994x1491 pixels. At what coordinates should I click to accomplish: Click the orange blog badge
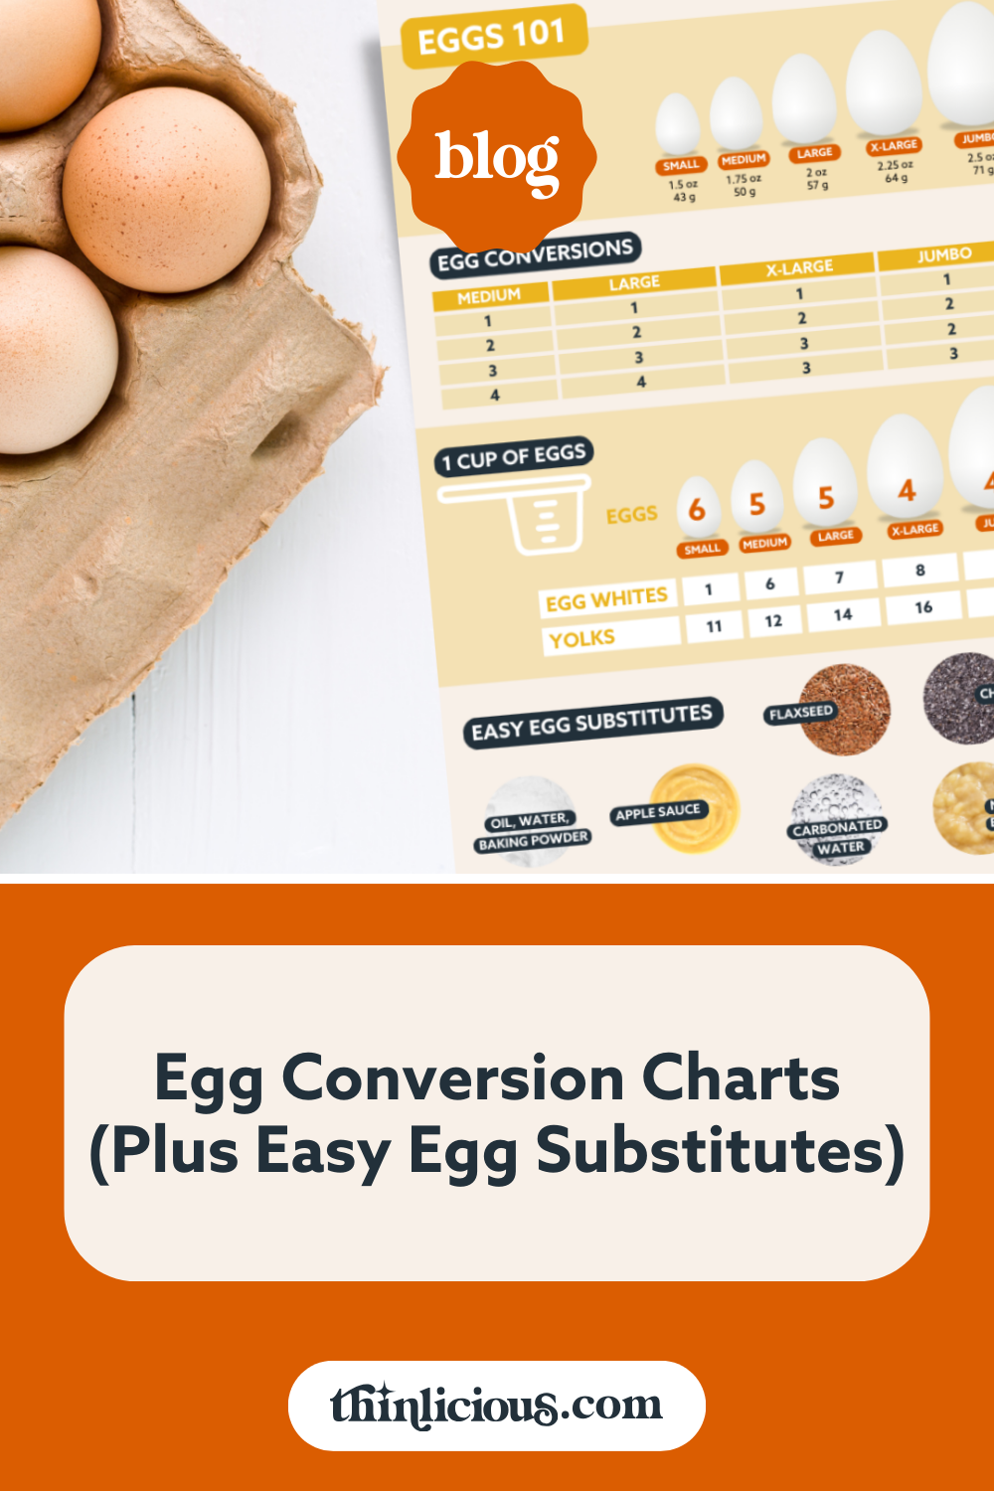[x=497, y=157]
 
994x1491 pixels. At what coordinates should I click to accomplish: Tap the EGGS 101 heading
[x=492, y=38]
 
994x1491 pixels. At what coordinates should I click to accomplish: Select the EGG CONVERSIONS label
[x=535, y=254]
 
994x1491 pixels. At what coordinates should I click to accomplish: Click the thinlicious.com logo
[x=496, y=1406]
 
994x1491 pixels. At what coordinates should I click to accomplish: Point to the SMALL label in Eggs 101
[x=681, y=165]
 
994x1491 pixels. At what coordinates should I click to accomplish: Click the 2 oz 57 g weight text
[x=817, y=179]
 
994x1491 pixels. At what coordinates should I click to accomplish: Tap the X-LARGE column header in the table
[x=799, y=267]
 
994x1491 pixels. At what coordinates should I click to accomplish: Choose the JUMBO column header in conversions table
[x=943, y=254]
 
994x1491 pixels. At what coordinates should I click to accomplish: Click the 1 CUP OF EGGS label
[x=514, y=457]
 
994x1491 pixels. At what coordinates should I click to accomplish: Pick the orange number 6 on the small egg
[x=697, y=510]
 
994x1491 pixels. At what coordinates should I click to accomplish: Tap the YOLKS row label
[x=582, y=638]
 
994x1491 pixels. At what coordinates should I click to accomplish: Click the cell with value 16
[x=923, y=606]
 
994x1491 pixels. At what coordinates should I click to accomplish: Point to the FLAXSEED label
[x=800, y=712]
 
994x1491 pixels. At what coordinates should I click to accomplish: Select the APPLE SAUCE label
[x=658, y=812]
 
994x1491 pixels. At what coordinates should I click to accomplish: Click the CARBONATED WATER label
[x=838, y=836]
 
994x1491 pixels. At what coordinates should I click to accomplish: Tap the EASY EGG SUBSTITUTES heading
[x=591, y=723]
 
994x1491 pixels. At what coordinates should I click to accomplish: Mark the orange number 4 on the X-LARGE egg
[x=907, y=490]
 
